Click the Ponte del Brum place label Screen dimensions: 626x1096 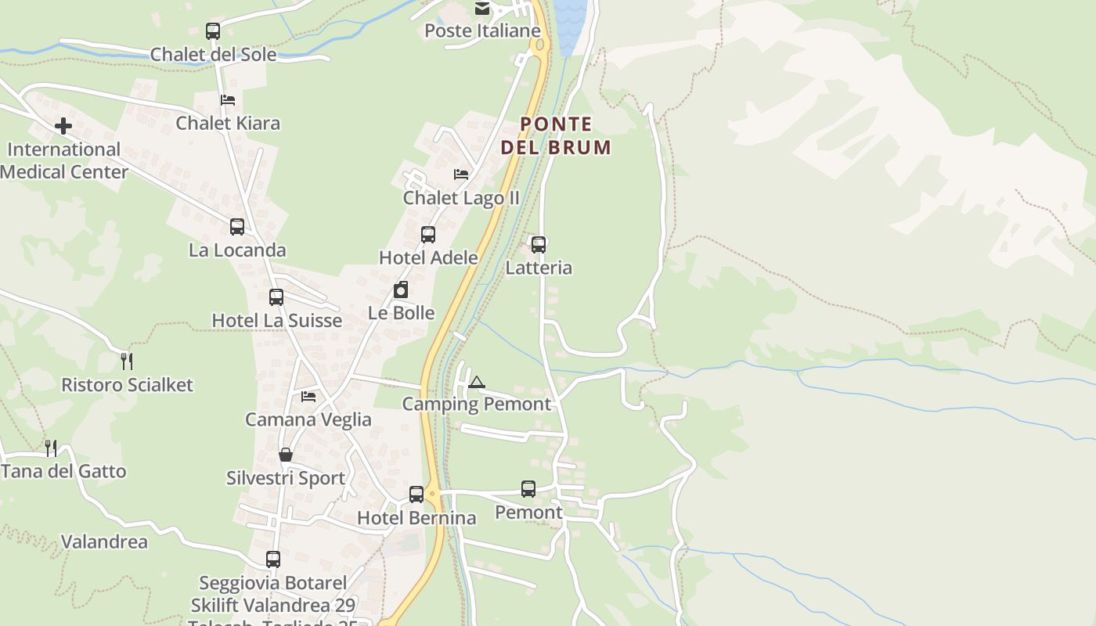coord(556,135)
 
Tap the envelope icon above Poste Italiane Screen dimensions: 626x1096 coord(482,9)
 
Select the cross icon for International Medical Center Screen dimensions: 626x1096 coord(63,125)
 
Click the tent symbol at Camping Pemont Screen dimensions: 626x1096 coord(476,382)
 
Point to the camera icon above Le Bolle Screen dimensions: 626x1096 coord(401,290)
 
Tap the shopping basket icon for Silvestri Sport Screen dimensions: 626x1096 coord(286,455)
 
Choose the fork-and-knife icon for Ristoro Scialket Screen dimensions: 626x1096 coord(127,361)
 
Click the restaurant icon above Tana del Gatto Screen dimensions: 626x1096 coord(51,448)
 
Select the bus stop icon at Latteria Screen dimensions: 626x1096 coord(539,244)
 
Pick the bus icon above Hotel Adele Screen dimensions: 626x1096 coord(428,234)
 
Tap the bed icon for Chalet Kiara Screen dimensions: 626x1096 coord(228,99)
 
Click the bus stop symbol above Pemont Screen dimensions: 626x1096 coord(528,489)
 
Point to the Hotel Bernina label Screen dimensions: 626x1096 coord(416,518)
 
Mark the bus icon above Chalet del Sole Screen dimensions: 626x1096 coord(213,31)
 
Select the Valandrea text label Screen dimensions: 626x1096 coord(104,541)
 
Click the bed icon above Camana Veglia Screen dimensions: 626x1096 coord(308,397)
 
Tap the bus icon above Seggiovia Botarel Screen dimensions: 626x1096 coord(273,559)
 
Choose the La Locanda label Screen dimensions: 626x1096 coord(237,250)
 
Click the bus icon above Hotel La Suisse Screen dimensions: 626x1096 coord(276,297)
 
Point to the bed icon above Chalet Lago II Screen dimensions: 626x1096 coord(461,174)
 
